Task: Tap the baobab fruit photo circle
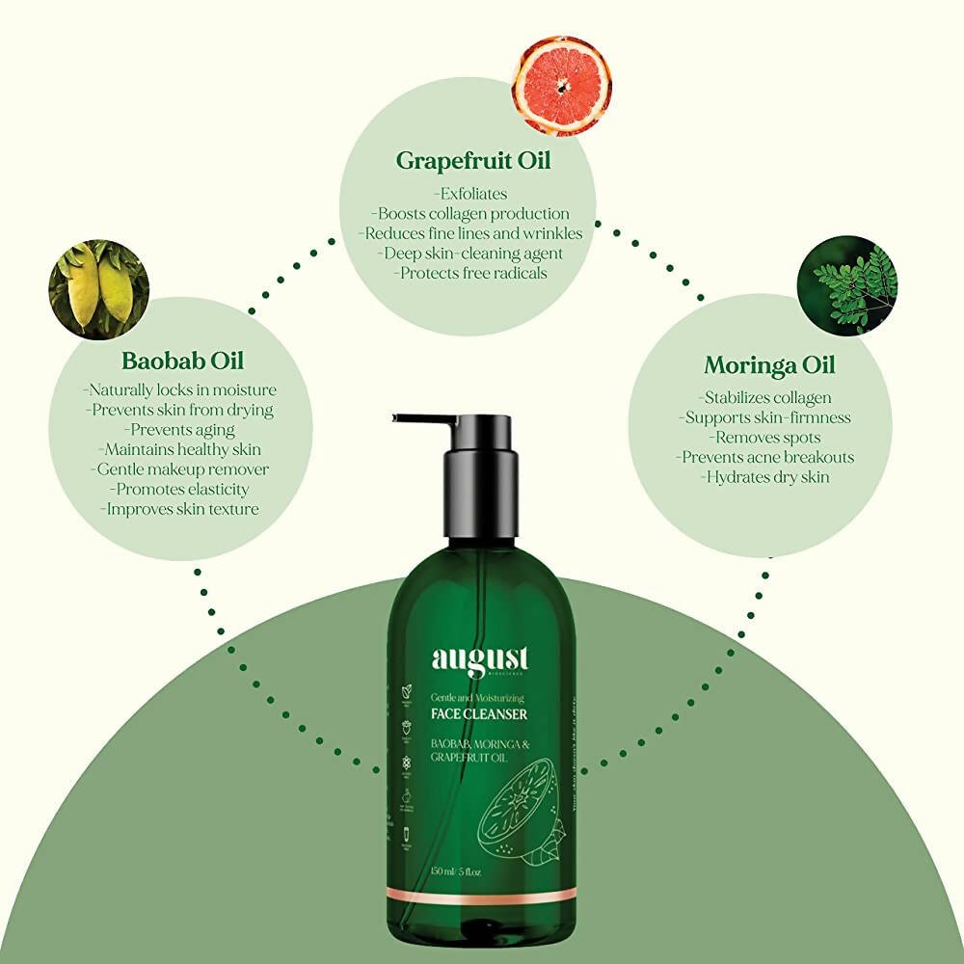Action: [x=99, y=290]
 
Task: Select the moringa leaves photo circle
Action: [x=847, y=286]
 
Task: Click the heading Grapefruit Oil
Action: [x=472, y=160]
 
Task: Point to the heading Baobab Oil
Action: [x=182, y=361]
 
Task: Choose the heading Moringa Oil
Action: [x=768, y=365]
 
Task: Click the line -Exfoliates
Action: [x=470, y=194]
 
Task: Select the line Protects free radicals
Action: [x=470, y=273]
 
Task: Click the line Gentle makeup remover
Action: [x=181, y=469]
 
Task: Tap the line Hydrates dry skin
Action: [x=765, y=477]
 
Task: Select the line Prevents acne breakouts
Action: [x=765, y=457]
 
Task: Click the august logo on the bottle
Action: [x=479, y=661]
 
